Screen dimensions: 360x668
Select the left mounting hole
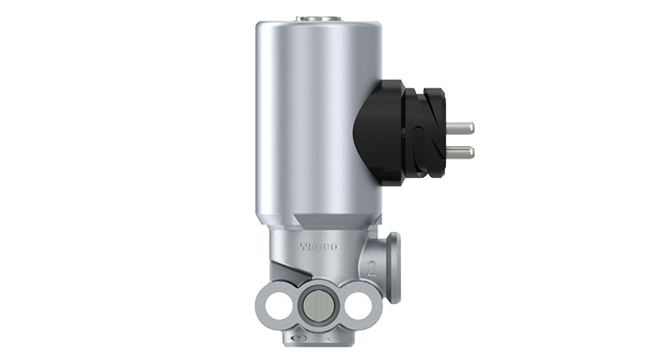pyautogui.click(x=276, y=303)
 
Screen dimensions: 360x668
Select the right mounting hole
pyautogui.click(x=357, y=303)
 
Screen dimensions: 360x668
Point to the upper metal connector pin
pyautogui.click(x=459, y=128)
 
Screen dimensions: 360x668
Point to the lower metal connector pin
pyautogui.click(x=459, y=152)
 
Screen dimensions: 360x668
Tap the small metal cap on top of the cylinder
pyautogui.click(x=316, y=15)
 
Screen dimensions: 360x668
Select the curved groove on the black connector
pyautogui.click(x=425, y=138)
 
